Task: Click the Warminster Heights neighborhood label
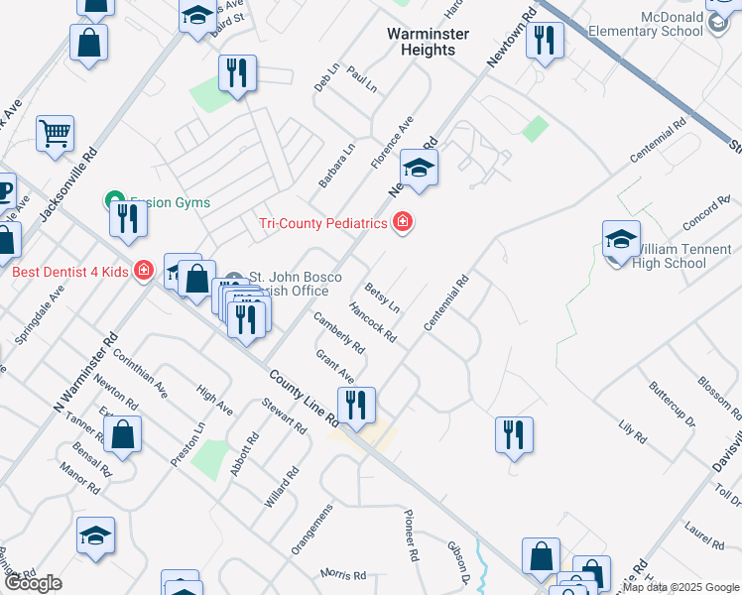coord(428,42)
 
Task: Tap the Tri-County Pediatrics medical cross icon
coord(402,222)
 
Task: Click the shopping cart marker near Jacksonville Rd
coord(56,134)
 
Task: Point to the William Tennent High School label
coord(682,256)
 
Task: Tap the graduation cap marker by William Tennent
coord(621,240)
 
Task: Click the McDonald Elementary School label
coord(674,24)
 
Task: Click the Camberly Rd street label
coord(339,333)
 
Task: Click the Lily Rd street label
coord(632,432)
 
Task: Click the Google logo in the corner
coord(34,583)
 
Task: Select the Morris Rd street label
coord(343,573)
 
